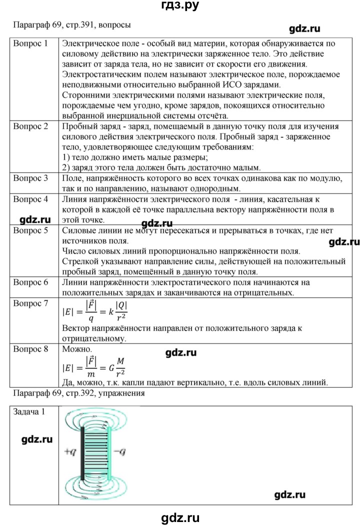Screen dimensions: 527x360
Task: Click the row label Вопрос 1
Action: click(30, 43)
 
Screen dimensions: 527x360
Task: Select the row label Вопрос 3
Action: click(30, 178)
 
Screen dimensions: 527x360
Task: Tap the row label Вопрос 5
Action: click(30, 231)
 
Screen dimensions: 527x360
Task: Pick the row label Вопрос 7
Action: click(30, 303)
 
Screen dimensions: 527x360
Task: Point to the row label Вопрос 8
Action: click(30, 349)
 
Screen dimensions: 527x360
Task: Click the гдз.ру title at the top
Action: click(179, 7)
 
